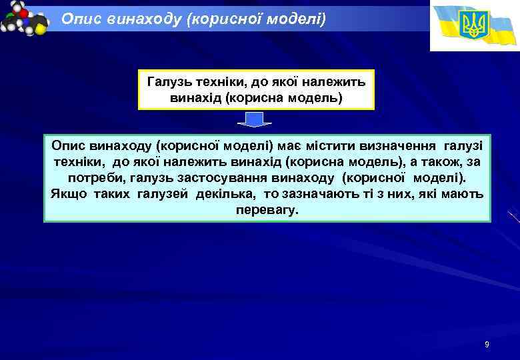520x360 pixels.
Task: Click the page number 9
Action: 487,345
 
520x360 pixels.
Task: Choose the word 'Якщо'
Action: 67,195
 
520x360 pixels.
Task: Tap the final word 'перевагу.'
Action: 267,211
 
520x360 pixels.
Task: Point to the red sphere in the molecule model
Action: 24,13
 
